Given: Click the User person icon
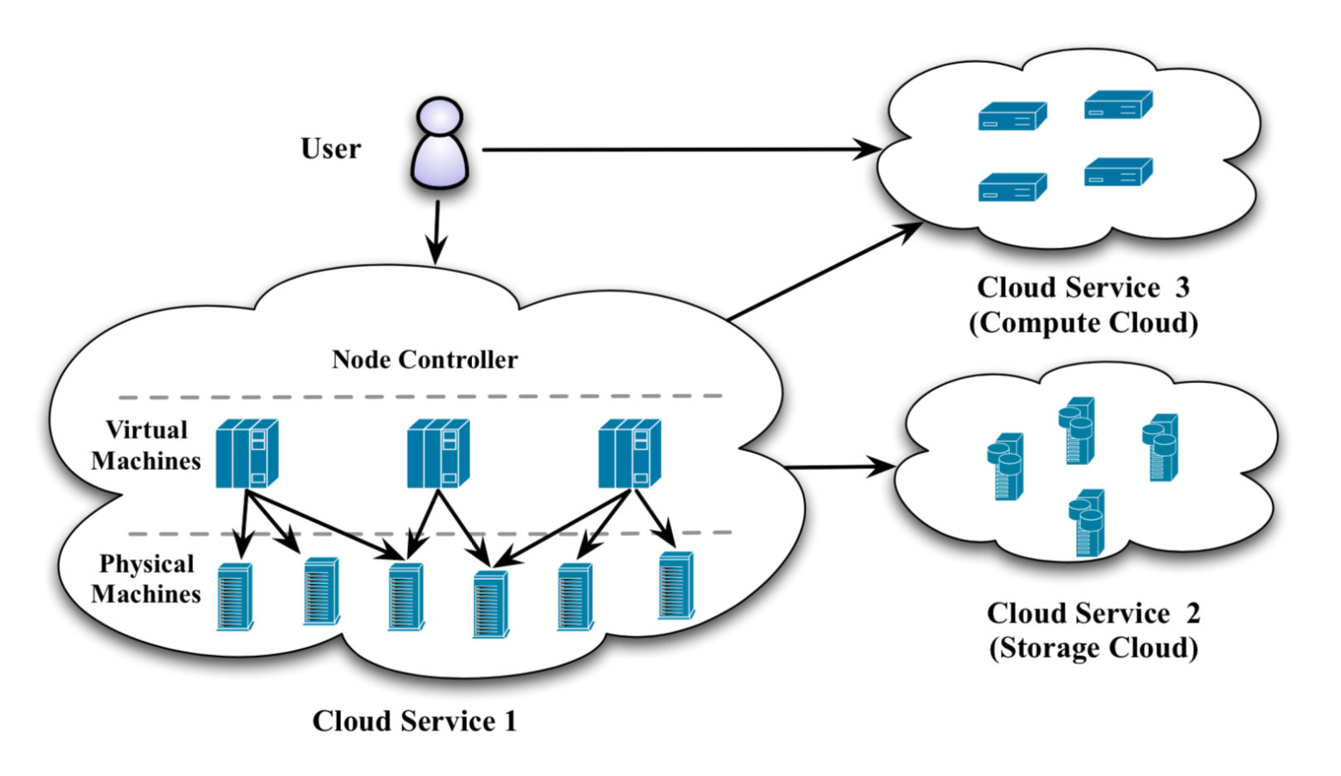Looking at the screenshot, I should point(440,145).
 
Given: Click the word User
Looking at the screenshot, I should point(330,149).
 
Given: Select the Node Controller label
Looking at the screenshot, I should point(425,360).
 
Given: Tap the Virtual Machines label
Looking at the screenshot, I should point(146,445).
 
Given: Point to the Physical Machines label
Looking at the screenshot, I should point(146,579).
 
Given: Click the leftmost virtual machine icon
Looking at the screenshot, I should point(246,453).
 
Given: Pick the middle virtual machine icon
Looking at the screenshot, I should point(437,453).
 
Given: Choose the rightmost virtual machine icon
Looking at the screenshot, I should point(629,453).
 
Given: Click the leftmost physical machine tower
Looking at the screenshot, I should point(234,597).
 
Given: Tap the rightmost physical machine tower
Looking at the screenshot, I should point(675,586).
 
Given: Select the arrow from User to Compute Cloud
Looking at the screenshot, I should point(679,150).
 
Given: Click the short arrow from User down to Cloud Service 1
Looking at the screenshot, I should point(436,232).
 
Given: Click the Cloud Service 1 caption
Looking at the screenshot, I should point(414,721).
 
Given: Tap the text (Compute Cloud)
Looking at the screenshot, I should point(1083,323).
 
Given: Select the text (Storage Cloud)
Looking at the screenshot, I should point(1093,648).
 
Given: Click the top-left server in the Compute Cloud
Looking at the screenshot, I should point(1012,117).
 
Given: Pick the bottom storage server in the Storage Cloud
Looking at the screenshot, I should point(1086,523).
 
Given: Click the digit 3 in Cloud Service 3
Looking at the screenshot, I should point(1182,288).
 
